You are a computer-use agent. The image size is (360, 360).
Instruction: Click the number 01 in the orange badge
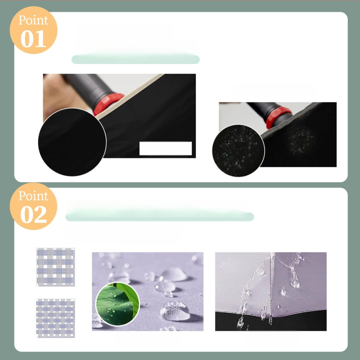33,39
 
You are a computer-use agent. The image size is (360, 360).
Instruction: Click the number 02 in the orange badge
33,214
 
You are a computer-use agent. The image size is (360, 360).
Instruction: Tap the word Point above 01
33,20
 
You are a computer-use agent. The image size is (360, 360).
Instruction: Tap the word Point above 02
33,196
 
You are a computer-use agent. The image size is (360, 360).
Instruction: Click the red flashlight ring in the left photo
108,104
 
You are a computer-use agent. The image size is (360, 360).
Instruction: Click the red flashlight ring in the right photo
278,117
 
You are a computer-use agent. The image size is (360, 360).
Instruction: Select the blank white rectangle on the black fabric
166,148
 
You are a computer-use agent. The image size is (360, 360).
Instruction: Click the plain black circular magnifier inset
72,142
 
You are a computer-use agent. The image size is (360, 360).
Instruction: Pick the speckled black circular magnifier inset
238,151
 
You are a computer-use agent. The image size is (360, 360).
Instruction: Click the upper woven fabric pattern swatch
55,267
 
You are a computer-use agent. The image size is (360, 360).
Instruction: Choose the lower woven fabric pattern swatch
55,318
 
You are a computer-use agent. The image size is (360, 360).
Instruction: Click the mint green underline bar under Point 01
135,59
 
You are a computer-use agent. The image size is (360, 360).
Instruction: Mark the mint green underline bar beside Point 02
160,216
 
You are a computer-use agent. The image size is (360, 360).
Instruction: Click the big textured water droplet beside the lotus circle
175,311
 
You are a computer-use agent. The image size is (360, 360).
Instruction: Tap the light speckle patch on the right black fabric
300,139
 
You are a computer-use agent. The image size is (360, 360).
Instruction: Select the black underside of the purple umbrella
271,321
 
